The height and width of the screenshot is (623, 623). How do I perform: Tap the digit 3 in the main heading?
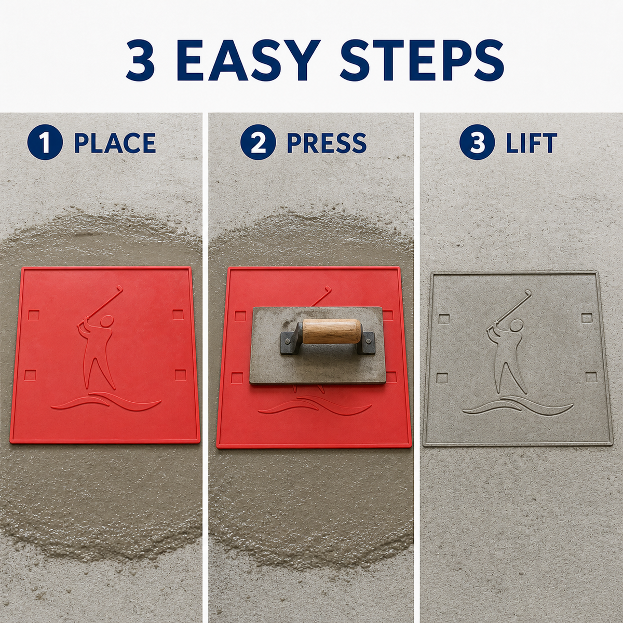pyautogui.click(x=141, y=60)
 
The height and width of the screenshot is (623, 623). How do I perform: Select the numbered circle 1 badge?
pyautogui.click(x=45, y=142)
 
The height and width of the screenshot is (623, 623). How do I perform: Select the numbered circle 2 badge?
pyautogui.click(x=258, y=142)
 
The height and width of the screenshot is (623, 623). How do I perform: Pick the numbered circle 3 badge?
pyautogui.click(x=477, y=142)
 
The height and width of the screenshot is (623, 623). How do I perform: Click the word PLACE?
pyautogui.click(x=115, y=143)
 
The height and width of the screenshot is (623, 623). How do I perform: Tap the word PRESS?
pyautogui.click(x=327, y=143)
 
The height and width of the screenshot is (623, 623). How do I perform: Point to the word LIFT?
pyautogui.click(x=531, y=143)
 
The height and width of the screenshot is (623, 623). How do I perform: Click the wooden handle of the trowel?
pyautogui.click(x=332, y=331)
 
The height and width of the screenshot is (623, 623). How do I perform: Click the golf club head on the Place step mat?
pyautogui.click(x=119, y=287)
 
